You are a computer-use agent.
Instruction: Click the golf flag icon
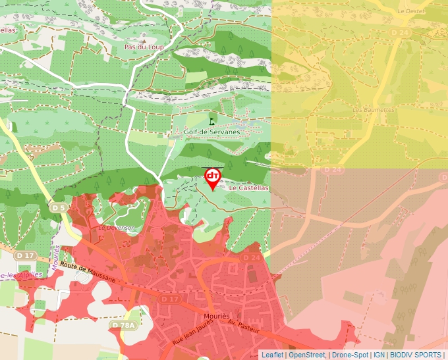[x=211, y=120]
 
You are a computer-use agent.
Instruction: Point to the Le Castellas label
[x=249, y=188]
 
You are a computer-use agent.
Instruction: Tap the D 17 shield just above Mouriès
[x=170, y=299]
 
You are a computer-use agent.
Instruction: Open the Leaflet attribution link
[x=272, y=355]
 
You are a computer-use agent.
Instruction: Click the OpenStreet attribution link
[x=308, y=355]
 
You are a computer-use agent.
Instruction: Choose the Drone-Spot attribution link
[x=350, y=355]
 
